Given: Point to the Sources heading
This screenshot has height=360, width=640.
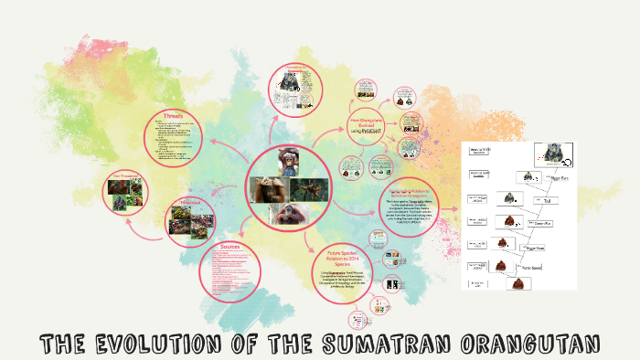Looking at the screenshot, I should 229,247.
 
